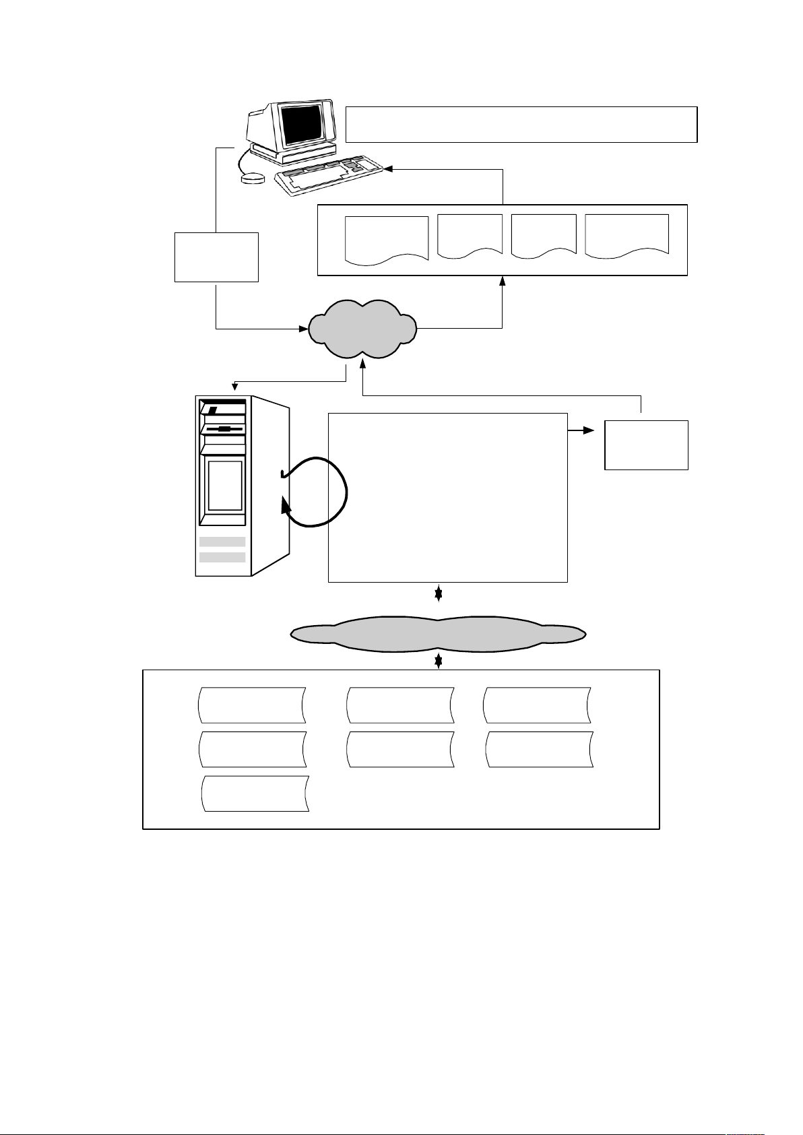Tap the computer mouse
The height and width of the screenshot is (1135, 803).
pyautogui.click(x=253, y=179)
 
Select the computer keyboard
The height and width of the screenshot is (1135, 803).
pyautogui.click(x=329, y=176)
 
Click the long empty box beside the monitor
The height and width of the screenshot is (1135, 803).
pyautogui.click(x=521, y=124)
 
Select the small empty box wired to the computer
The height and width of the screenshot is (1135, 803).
pyautogui.click(x=216, y=257)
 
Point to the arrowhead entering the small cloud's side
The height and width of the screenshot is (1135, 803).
pyautogui.click(x=302, y=329)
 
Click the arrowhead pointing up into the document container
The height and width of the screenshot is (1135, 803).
pyautogui.click(x=503, y=281)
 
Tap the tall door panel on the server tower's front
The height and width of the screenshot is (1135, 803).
pyautogui.click(x=224, y=486)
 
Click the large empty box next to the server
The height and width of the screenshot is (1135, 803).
pyautogui.click(x=447, y=497)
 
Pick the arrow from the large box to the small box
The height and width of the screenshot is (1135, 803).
pyautogui.click(x=581, y=429)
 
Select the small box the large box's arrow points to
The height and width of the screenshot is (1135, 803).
pyautogui.click(x=646, y=445)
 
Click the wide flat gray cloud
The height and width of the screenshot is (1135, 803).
pyautogui.click(x=438, y=633)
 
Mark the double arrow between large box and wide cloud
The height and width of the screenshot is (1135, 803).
pyautogui.click(x=439, y=593)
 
